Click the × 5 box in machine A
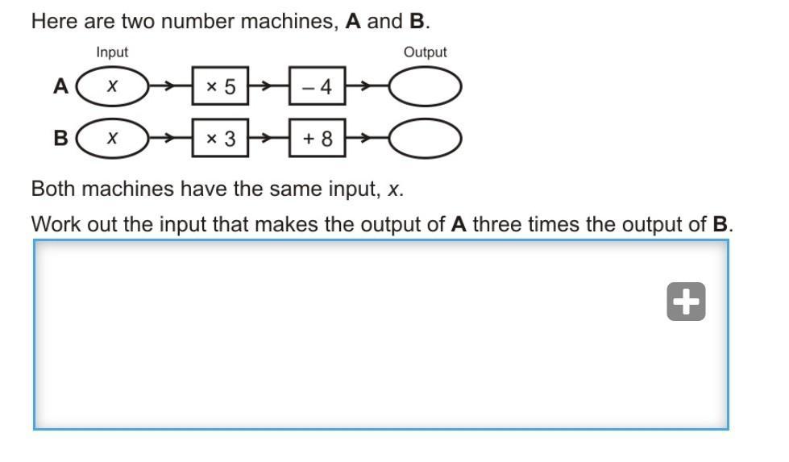[220, 86]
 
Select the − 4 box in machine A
[317, 86]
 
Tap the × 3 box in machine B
[220, 138]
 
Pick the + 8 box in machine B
[317, 138]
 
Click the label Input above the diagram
[112, 52]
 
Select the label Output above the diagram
[426, 52]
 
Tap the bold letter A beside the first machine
[61, 86]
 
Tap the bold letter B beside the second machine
[61, 138]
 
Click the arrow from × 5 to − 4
[268, 86]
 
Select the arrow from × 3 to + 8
[268, 138]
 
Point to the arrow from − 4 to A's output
[368, 86]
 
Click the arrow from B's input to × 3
[171, 138]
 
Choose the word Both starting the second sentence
[53, 189]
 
